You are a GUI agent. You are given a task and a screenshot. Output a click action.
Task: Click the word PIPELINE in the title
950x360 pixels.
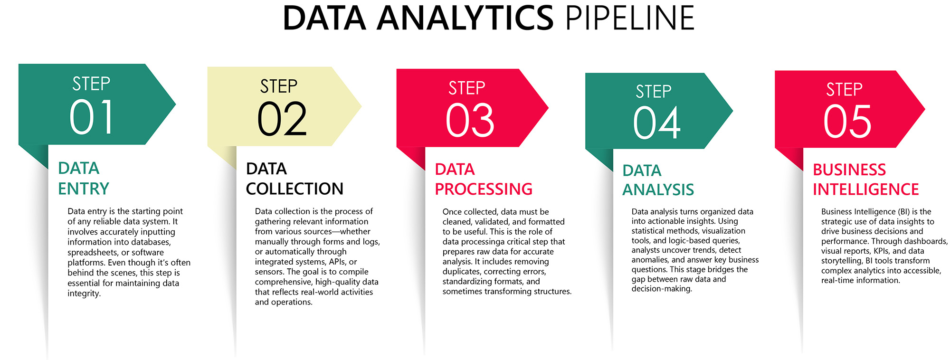630,18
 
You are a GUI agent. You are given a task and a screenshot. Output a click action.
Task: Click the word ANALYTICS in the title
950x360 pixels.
465,18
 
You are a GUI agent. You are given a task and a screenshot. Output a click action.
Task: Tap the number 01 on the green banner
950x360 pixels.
92,117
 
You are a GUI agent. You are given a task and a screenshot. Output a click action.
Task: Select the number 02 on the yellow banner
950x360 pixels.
282,119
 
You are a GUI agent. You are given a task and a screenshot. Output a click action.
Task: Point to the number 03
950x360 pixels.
470,121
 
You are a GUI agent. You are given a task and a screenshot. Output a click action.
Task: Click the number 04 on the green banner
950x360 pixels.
657,123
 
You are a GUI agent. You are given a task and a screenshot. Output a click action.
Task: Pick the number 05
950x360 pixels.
847,122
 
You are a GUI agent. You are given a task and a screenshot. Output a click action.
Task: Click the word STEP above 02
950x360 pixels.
279,86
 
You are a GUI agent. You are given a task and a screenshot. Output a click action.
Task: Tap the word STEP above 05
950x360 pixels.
844,89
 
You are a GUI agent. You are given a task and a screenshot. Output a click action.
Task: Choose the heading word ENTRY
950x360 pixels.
84,189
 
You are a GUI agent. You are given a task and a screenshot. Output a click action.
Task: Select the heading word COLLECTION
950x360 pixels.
294,189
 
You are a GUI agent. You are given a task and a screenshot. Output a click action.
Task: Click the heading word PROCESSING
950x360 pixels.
484,189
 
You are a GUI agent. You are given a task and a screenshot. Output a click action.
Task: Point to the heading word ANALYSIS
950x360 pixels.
658,189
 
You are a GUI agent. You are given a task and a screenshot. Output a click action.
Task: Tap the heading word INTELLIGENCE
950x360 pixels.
865,189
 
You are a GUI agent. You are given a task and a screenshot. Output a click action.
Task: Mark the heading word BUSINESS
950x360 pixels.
849,170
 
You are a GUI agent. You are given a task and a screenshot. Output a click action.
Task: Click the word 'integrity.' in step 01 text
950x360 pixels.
84,294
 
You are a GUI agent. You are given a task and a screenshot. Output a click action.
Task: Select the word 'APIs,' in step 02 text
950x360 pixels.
338,262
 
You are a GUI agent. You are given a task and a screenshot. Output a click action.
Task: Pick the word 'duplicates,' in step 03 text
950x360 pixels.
462,272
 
